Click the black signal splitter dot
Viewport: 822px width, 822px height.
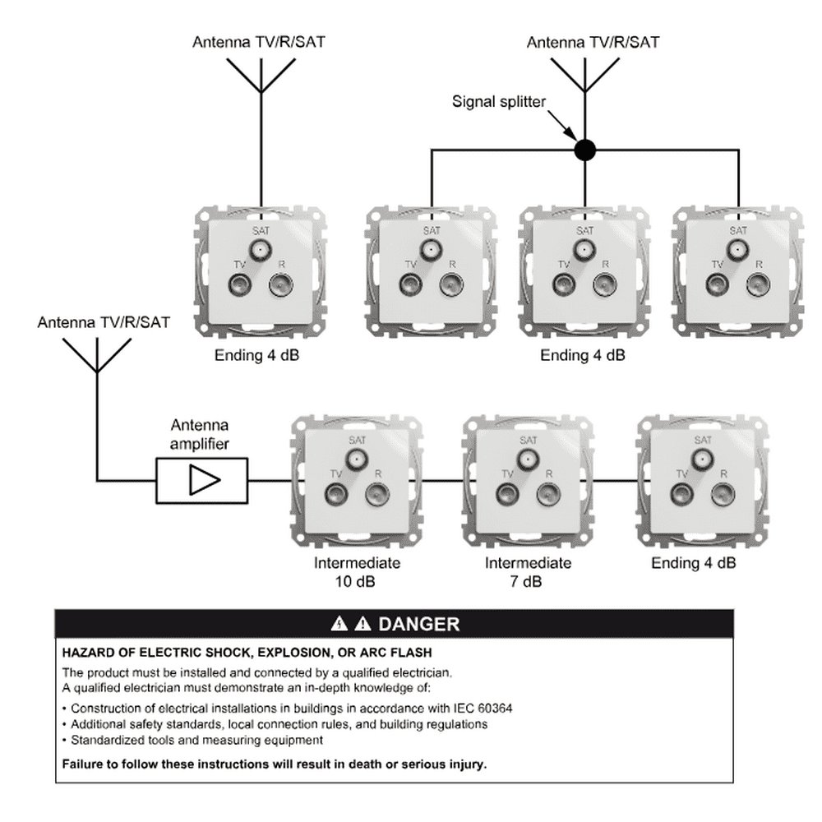[x=584, y=150]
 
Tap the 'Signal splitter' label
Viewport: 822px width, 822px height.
[x=499, y=101]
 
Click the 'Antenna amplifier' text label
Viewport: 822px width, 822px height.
[x=200, y=434]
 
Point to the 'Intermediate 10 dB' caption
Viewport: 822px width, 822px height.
[x=357, y=572]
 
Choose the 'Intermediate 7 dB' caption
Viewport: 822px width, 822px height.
[x=528, y=572]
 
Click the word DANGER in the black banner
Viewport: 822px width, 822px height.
[x=419, y=624]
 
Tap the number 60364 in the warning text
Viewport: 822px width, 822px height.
[x=495, y=709]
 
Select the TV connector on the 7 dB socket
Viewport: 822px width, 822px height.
[x=507, y=493]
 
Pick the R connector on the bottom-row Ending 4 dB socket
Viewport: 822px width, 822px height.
[x=723, y=493]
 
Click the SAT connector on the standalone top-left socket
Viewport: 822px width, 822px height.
[x=261, y=250]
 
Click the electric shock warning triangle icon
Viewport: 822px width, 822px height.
[x=339, y=624]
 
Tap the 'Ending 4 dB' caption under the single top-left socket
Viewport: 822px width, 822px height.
[x=256, y=355]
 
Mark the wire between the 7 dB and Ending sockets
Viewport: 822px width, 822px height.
[x=616, y=480]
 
